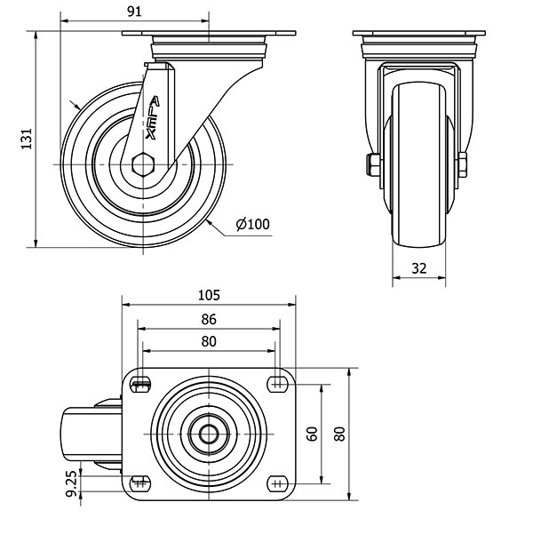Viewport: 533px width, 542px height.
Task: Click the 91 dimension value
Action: (134, 12)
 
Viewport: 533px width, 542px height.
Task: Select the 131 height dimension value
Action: (27, 139)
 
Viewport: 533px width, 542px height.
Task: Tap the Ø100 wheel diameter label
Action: (252, 224)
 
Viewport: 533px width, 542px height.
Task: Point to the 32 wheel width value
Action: (419, 268)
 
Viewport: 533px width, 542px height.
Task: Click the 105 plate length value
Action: (209, 295)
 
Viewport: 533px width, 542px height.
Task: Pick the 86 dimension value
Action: (209, 319)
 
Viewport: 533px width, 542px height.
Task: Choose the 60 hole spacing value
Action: (312, 434)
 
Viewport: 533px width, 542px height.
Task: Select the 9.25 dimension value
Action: (72, 483)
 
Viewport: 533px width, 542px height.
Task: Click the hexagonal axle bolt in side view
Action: (143, 164)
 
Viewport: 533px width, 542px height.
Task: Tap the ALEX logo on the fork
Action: (153, 118)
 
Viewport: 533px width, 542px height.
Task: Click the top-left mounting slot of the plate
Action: (140, 385)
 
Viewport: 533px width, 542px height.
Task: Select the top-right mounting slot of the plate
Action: (277, 385)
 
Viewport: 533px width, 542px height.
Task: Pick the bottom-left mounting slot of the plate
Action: (140, 483)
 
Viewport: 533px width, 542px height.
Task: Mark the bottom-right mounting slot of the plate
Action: (277, 483)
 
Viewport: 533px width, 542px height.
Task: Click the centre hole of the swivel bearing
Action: (209, 434)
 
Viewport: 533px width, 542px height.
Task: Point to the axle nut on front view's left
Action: (373, 164)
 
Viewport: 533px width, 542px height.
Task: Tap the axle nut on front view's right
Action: (463, 165)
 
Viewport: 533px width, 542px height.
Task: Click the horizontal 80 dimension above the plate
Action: (209, 341)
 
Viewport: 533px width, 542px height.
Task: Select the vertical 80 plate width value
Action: (340, 434)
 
